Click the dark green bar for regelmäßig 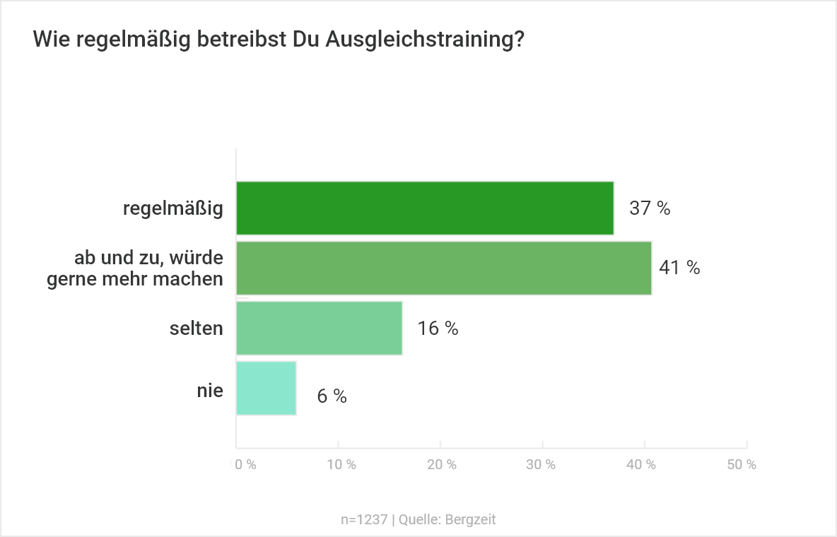pos(425,208)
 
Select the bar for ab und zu pos(443,268)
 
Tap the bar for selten pos(319,328)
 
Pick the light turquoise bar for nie pos(266,388)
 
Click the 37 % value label pos(650,208)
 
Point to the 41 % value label pos(679,268)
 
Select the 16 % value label pos(438,329)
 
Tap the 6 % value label pos(332,396)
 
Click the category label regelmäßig pos(173,208)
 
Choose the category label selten pos(197,328)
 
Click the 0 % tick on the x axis pos(245,465)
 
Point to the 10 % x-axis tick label pos(341,465)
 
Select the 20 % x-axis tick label pos(443,465)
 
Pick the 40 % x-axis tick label pos(642,465)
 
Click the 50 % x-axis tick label pos(742,465)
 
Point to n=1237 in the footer pos(364,519)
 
